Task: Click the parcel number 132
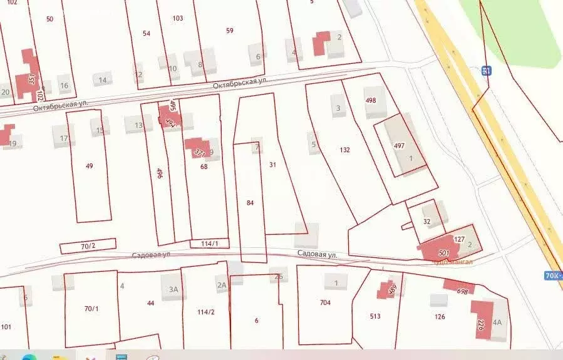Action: click(x=344, y=150)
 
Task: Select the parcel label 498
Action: click(x=371, y=100)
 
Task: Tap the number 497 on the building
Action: click(x=399, y=145)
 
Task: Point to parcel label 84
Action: click(x=251, y=203)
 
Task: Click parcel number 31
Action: click(x=272, y=165)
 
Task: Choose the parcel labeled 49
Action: click(x=90, y=166)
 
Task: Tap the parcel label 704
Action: click(x=325, y=303)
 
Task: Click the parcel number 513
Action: click(x=375, y=317)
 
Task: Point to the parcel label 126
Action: click(x=440, y=317)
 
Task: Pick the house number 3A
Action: click(x=173, y=289)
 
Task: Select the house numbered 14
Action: click(x=102, y=80)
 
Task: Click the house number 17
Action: click(x=64, y=138)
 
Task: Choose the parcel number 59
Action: click(x=229, y=31)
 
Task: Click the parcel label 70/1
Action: click(x=91, y=309)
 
